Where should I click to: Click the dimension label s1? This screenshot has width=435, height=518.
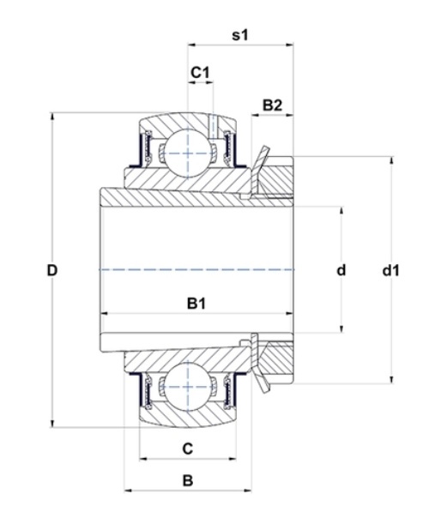tap(240, 34)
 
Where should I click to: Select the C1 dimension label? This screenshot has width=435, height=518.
tap(200, 72)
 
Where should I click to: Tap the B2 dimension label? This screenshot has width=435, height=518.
tap(272, 105)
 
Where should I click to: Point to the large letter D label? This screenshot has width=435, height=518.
tap(52, 270)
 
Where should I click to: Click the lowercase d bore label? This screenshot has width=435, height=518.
tap(341, 270)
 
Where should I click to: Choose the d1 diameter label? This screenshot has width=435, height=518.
tap(390, 270)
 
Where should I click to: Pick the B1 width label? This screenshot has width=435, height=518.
tap(196, 303)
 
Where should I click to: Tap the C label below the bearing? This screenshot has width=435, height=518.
tap(188, 449)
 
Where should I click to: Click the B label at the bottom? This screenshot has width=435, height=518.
tap(188, 480)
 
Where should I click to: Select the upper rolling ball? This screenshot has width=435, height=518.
tap(188, 154)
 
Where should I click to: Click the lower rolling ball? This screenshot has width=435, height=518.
tap(188, 387)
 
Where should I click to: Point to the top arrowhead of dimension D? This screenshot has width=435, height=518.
tap(51, 117)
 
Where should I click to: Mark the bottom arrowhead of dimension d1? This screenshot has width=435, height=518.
tap(392, 379)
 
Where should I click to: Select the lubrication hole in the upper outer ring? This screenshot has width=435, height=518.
tap(213, 127)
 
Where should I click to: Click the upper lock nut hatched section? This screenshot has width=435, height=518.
tap(275, 177)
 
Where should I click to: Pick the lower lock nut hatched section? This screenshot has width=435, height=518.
tap(275, 363)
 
